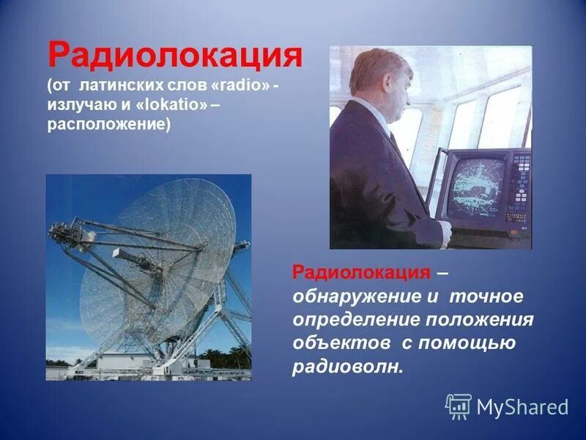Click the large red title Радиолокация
175,56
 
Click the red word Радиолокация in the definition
361,274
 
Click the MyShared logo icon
459,406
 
